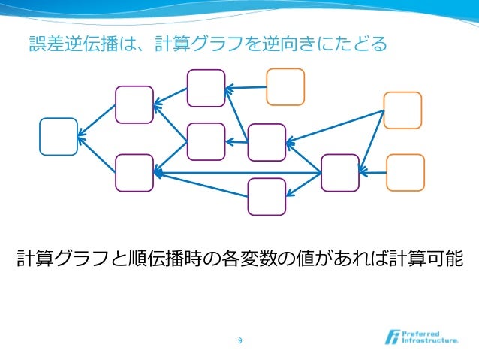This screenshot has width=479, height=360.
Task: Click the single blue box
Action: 59,137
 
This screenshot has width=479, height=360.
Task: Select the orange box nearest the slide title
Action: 285,87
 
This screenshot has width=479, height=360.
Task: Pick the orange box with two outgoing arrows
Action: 402,110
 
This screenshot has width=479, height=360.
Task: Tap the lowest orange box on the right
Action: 405,173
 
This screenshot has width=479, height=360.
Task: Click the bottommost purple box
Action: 267,197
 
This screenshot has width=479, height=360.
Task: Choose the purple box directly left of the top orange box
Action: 206,88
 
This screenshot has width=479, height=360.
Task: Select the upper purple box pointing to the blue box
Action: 134,104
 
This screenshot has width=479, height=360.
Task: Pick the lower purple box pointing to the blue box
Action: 134,173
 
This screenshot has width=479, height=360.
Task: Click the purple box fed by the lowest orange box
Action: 339,173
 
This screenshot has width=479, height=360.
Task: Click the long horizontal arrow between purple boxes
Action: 237,174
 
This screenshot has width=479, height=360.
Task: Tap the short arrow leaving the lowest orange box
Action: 372,174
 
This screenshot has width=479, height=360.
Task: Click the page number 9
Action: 239,342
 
